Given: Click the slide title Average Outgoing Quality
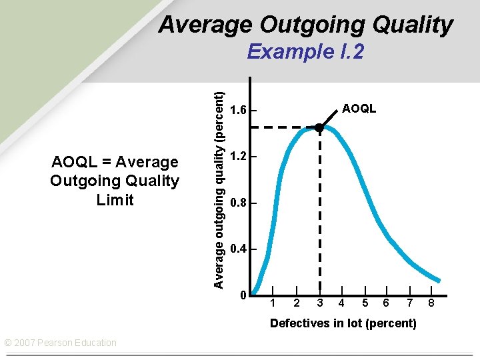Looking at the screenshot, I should pos(305,25).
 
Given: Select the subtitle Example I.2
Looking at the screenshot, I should pos(305,51).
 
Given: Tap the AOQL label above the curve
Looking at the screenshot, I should pos(359,108).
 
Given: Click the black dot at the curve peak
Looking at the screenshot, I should pos(319,127).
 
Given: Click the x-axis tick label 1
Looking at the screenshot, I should pos(273,303).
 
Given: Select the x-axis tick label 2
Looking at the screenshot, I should pos(297,303).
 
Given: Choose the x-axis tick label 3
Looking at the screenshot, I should pos(320,303).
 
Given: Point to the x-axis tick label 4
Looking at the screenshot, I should pos(341,303).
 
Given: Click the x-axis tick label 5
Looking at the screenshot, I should pos(365,303).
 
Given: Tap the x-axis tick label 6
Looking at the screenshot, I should pos(387,303).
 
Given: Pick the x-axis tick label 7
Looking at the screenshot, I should pos(410,303).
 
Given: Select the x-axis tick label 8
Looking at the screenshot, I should pos(431,303).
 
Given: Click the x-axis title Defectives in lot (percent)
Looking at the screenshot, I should pos(343,323).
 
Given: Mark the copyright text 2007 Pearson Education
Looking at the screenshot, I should pos(61,343).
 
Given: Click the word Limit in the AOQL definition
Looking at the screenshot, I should pos(115,199).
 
